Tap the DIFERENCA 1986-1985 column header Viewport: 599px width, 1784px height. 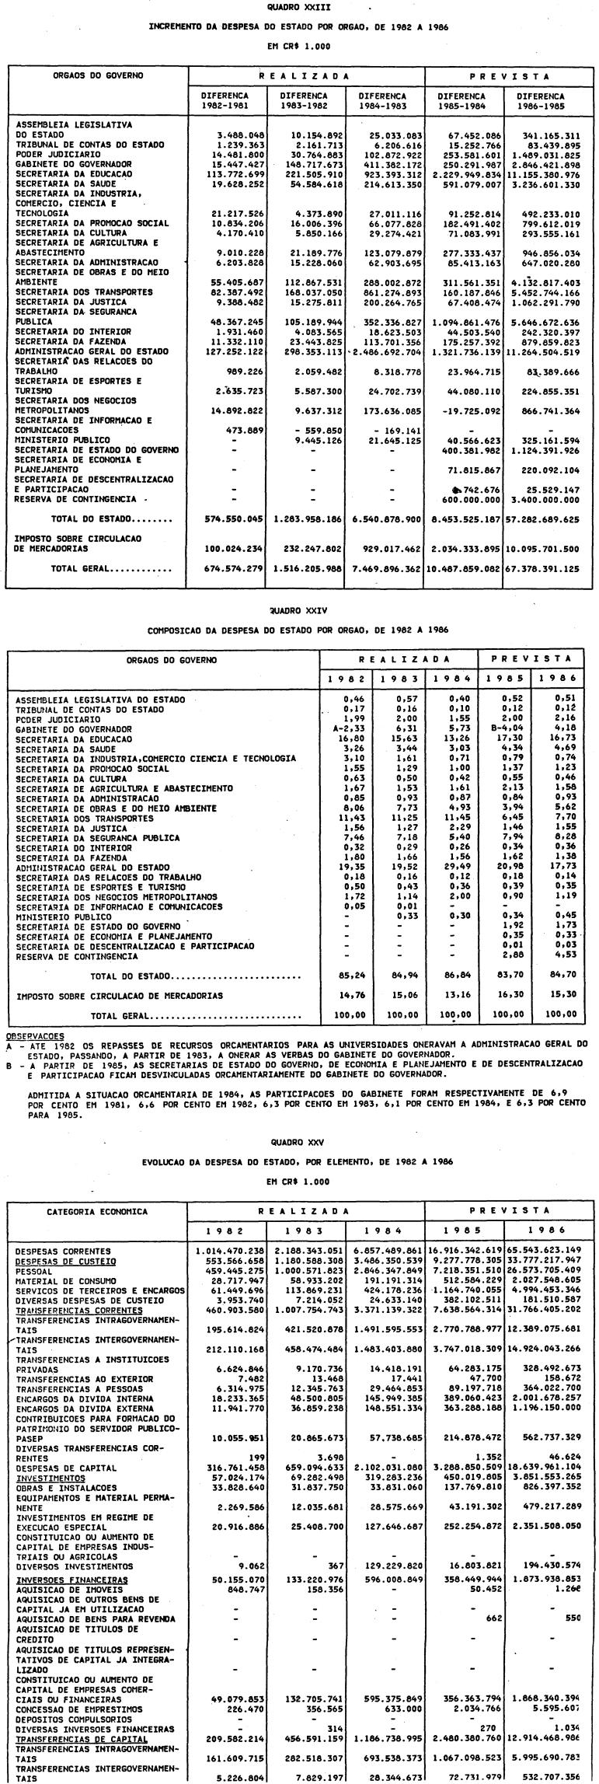(541, 101)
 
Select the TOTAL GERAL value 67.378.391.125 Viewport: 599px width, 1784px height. (541, 568)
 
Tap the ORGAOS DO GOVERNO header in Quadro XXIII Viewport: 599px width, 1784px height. (98, 76)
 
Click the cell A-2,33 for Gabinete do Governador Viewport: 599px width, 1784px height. (351, 729)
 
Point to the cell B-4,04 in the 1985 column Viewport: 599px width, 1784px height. (505, 729)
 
